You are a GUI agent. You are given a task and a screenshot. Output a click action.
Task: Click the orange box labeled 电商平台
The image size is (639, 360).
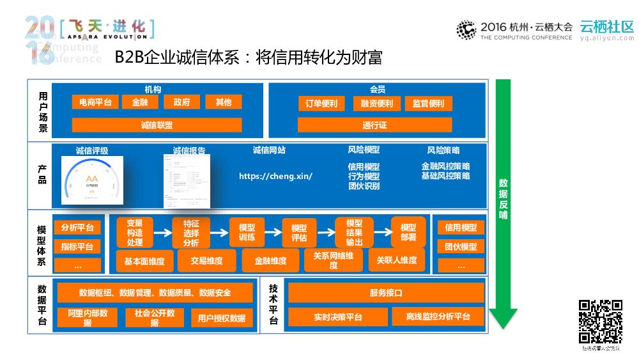95,102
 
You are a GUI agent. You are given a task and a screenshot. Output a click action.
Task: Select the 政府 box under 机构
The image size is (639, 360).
177,102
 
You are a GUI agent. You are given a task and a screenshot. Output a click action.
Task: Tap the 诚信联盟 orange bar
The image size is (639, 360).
157,125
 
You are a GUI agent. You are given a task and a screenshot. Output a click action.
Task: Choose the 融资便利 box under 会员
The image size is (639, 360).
376,104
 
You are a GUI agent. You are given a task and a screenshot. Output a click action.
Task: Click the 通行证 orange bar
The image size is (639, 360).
374,125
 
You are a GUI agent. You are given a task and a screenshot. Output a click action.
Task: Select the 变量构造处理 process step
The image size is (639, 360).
134,233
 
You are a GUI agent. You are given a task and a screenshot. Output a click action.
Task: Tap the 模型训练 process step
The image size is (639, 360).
247,233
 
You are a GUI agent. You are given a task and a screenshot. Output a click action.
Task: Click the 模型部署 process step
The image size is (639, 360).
408,233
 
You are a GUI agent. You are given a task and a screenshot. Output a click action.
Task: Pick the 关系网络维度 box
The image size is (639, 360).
333,260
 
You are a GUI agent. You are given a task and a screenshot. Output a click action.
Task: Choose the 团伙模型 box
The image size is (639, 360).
460,247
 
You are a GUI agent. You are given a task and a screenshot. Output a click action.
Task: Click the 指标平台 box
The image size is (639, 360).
77,247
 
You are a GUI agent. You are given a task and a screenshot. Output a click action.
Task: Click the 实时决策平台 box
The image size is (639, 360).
338,317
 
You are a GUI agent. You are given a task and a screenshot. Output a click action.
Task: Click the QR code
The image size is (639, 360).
600,322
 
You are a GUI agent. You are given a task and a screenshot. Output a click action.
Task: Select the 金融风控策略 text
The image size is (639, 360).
445,166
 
